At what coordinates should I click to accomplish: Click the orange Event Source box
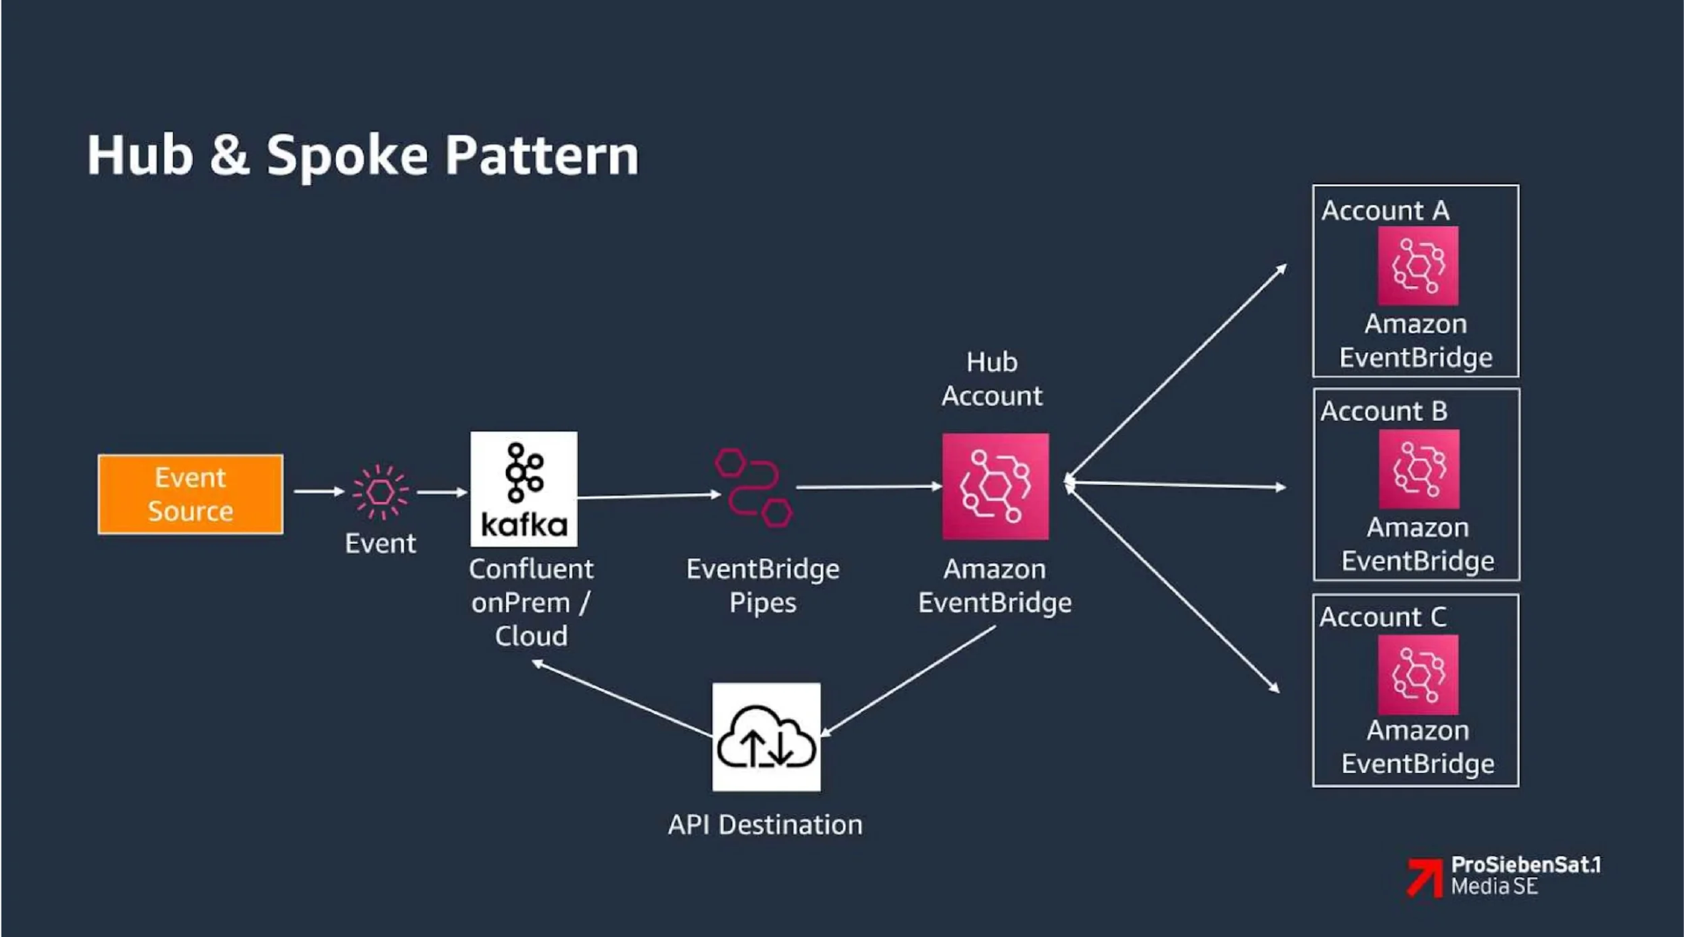pos(190,494)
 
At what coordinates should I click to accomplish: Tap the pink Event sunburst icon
pos(380,491)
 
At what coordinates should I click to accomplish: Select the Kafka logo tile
pos(524,489)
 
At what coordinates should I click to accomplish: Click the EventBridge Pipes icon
pos(753,488)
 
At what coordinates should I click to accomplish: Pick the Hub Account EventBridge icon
pos(995,486)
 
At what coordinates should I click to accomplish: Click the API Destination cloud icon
pos(766,737)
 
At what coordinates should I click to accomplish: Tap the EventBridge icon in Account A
pos(1417,265)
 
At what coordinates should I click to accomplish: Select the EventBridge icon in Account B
pos(1418,468)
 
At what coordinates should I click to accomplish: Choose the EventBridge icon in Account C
pos(1417,675)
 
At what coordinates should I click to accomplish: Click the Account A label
pos(1385,211)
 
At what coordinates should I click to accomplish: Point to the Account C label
pos(1382,618)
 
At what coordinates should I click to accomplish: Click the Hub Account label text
pos(992,379)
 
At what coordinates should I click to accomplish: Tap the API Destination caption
pos(765,825)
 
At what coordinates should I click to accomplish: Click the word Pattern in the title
pos(541,155)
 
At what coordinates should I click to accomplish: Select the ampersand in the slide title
pos(229,155)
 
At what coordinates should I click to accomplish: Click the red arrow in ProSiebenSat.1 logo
pos(1425,876)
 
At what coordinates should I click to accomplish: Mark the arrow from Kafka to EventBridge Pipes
pos(649,496)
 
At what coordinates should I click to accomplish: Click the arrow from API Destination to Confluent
pos(623,699)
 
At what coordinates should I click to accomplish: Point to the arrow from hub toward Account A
pos(1175,373)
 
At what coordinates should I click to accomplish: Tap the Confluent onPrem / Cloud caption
pos(531,603)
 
